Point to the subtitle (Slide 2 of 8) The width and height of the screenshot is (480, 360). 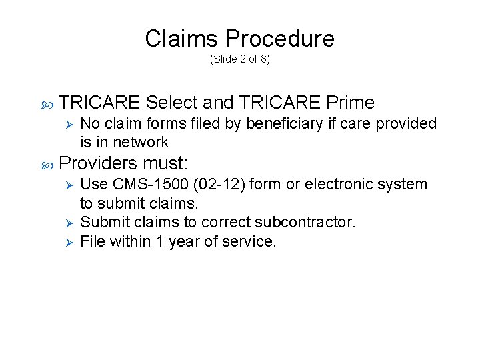pyautogui.click(x=240, y=59)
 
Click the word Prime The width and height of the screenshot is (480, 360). pyautogui.click(x=351, y=103)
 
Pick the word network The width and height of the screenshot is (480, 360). pyautogui.click(x=141, y=141)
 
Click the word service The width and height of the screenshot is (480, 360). pyautogui.click(x=250, y=241)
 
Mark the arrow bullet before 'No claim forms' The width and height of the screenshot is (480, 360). pyautogui.click(x=66, y=124)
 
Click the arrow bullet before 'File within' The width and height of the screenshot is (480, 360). pyautogui.click(x=66, y=241)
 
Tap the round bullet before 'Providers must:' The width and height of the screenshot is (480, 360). pyautogui.click(x=46, y=163)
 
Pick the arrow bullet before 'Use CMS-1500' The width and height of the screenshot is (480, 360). pyautogui.click(x=66, y=184)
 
